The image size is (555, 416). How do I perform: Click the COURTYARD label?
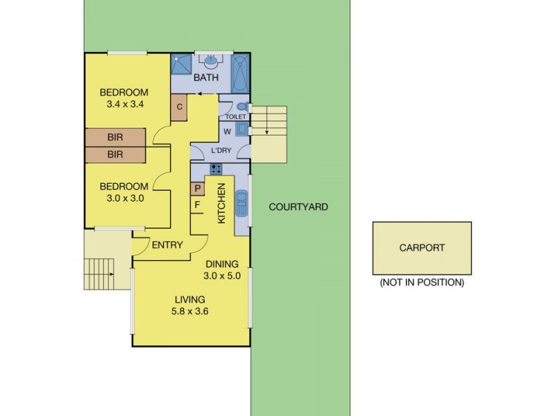(x=298, y=207)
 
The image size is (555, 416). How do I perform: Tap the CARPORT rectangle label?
(x=422, y=248)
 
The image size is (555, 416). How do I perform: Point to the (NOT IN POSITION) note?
(x=421, y=283)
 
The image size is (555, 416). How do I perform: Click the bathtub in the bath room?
(x=239, y=73)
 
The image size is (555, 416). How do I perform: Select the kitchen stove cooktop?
(x=216, y=168)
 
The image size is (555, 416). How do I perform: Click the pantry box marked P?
(x=196, y=188)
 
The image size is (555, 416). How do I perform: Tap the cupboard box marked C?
(x=179, y=107)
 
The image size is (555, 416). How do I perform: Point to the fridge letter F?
(x=196, y=205)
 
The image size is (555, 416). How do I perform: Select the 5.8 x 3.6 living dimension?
(x=189, y=311)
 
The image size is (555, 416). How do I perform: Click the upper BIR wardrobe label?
(x=115, y=137)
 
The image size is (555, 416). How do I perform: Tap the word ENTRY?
(x=166, y=245)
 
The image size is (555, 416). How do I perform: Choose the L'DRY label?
(x=221, y=151)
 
